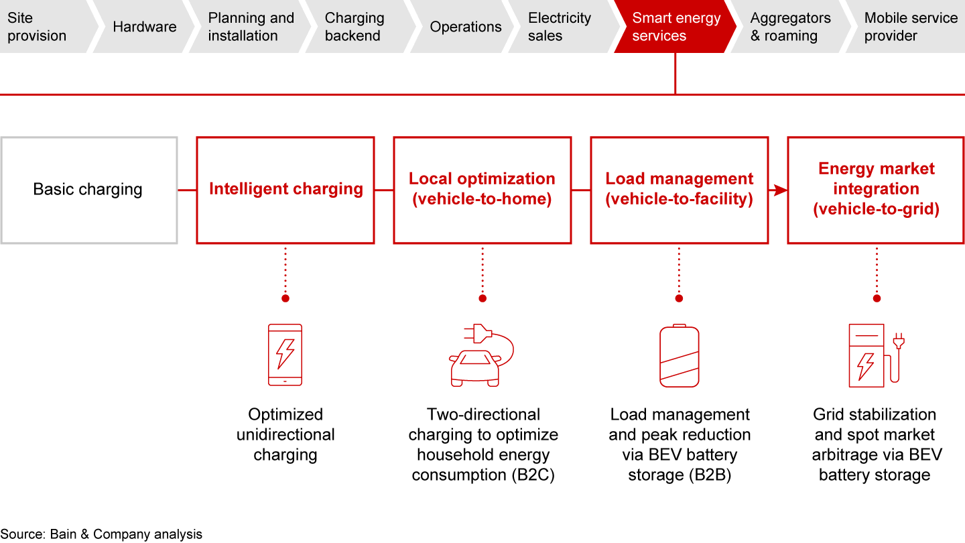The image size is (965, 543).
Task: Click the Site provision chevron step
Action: (x=40, y=27)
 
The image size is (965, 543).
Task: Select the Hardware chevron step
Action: (x=144, y=27)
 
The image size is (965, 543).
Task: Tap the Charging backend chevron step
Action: (x=355, y=27)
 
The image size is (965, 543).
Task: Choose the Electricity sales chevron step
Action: (x=560, y=27)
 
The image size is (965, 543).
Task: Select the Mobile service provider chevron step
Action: (x=908, y=27)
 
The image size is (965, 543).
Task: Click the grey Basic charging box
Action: (x=88, y=190)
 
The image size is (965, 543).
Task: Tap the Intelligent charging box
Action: (x=285, y=190)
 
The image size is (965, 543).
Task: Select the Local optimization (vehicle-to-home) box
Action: (x=482, y=190)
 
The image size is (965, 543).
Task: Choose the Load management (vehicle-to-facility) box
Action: (x=680, y=190)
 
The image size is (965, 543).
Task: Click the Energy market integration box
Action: (x=876, y=190)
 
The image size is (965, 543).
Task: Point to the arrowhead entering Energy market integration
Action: (x=780, y=191)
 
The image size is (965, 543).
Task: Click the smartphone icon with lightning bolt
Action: (x=285, y=354)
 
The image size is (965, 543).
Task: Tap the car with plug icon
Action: (x=480, y=355)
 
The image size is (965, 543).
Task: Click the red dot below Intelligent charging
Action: (x=285, y=298)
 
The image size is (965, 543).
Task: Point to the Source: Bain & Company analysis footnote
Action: (x=101, y=534)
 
